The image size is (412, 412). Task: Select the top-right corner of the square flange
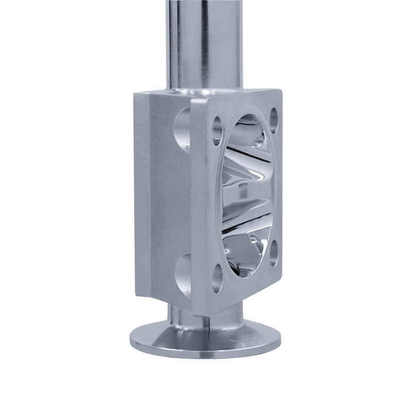point(279,92)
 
